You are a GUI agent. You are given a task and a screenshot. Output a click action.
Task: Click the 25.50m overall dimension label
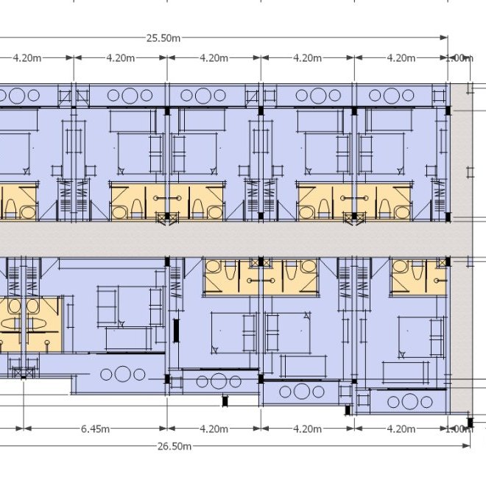point(163,38)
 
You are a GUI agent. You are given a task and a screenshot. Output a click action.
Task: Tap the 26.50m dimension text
point(175,446)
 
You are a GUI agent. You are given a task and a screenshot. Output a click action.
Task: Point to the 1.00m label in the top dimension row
point(459,57)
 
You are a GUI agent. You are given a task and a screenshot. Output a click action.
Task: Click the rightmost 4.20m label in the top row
point(401,57)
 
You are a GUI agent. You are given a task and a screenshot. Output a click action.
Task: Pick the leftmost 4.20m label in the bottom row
point(213,429)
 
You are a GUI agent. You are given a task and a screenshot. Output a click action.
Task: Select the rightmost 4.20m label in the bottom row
point(401,429)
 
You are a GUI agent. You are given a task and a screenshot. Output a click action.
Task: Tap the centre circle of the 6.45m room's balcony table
point(121,374)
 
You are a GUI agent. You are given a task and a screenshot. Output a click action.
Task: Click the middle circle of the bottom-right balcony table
point(408,401)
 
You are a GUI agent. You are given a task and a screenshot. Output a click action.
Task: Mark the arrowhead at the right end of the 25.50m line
point(445,38)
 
